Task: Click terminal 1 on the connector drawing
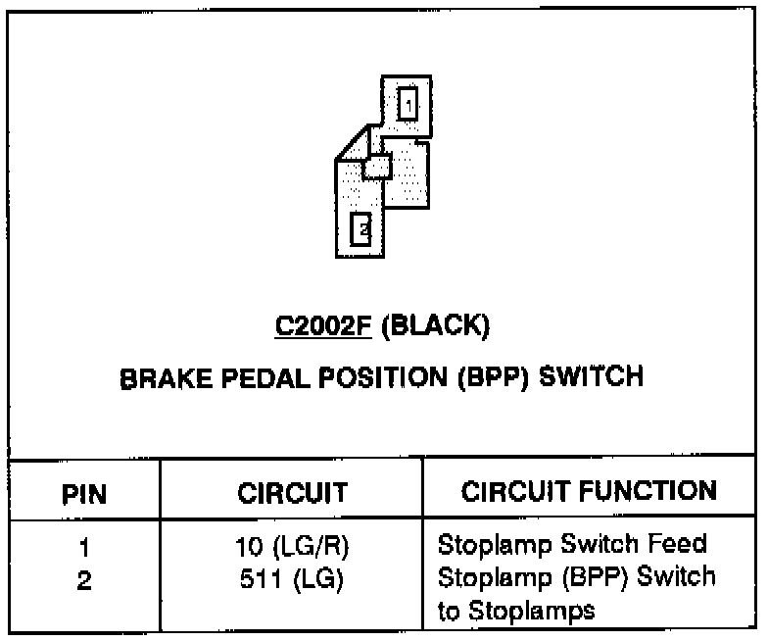point(408,102)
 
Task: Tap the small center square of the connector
point(377,168)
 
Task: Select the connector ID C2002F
point(322,326)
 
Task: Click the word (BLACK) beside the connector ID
point(433,326)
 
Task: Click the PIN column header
point(84,492)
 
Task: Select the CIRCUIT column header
point(292,492)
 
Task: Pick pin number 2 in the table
point(84,579)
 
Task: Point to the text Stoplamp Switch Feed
point(572,544)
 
